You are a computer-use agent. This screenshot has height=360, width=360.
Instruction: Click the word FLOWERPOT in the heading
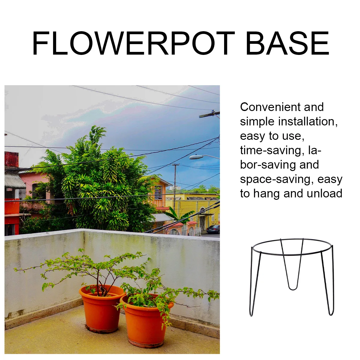(x=133, y=43)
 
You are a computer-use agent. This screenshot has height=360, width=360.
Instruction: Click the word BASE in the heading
(x=288, y=43)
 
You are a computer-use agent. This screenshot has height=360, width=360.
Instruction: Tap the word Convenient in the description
(x=270, y=107)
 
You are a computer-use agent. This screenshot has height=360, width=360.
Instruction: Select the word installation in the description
(x=308, y=121)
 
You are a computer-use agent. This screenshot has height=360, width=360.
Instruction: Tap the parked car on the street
(x=213, y=229)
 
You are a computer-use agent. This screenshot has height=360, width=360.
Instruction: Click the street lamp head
(x=196, y=157)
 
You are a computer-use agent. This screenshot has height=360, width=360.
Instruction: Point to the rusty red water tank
(x=11, y=159)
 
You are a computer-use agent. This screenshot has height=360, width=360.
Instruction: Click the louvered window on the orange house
(x=158, y=193)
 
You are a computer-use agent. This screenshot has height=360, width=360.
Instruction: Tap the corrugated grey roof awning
(x=15, y=181)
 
